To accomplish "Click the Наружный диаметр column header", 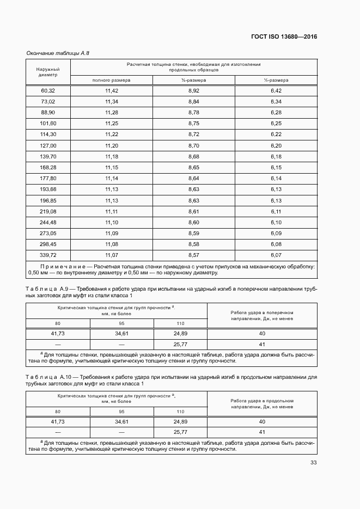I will coord(48,72).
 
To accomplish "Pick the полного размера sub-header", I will coord(111,80).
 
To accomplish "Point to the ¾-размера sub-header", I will coord(194,80).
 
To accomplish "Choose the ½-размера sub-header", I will coord(276,80).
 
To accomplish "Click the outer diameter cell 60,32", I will coord(48,90).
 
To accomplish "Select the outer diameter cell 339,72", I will coord(48,255).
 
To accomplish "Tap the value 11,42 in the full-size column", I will coord(111,90).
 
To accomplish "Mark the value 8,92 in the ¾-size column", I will coord(194,90).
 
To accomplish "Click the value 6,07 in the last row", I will coord(276,255).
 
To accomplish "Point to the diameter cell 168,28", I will coord(48,167).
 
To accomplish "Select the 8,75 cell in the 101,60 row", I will coord(194,124).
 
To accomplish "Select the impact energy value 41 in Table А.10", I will coord(262,432).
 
